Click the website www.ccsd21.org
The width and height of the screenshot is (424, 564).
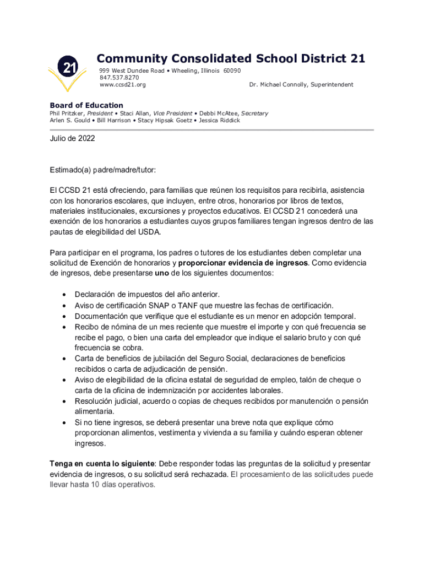click(122, 85)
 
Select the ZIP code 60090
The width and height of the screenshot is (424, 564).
click(232, 71)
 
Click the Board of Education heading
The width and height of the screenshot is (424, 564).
click(86, 105)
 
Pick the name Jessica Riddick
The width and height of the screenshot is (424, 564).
click(219, 120)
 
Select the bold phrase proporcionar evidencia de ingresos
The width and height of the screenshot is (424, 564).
click(243, 263)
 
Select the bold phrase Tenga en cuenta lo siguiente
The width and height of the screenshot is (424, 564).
click(102, 464)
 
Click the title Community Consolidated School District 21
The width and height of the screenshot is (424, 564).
click(231, 58)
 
